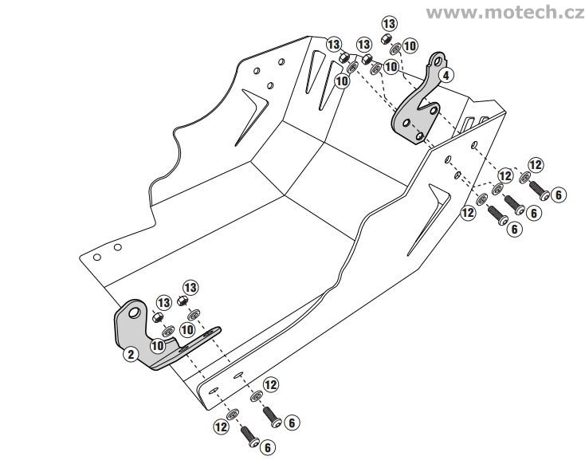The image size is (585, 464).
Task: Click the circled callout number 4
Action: pos(446,75)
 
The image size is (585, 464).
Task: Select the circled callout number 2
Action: pos(131,354)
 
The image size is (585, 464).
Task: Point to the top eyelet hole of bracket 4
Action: pos(438,61)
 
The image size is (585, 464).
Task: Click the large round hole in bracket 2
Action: pos(134,313)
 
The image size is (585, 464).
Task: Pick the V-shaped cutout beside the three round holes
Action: pos(252,116)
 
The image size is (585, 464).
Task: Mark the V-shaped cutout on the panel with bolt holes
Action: pos(428,218)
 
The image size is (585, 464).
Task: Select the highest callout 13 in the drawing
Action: pos(389,24)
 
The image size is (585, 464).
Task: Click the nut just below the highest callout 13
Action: pos(386,38)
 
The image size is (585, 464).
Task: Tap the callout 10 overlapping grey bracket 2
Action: pos(157,345)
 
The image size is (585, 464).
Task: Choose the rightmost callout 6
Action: pos(558,195)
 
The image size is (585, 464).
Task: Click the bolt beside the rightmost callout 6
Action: pos(540,190)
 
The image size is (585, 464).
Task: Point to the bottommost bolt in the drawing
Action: pos(249,436)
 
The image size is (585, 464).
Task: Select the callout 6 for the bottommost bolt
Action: pos(268,447)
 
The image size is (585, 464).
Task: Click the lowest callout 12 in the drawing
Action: pos(221,427)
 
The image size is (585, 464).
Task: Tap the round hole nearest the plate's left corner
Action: pos(97,258)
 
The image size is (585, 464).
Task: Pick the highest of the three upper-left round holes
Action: pos(281,61)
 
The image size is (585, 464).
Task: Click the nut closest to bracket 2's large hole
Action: pos(157,317)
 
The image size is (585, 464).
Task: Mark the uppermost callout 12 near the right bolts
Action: pos(536,164)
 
